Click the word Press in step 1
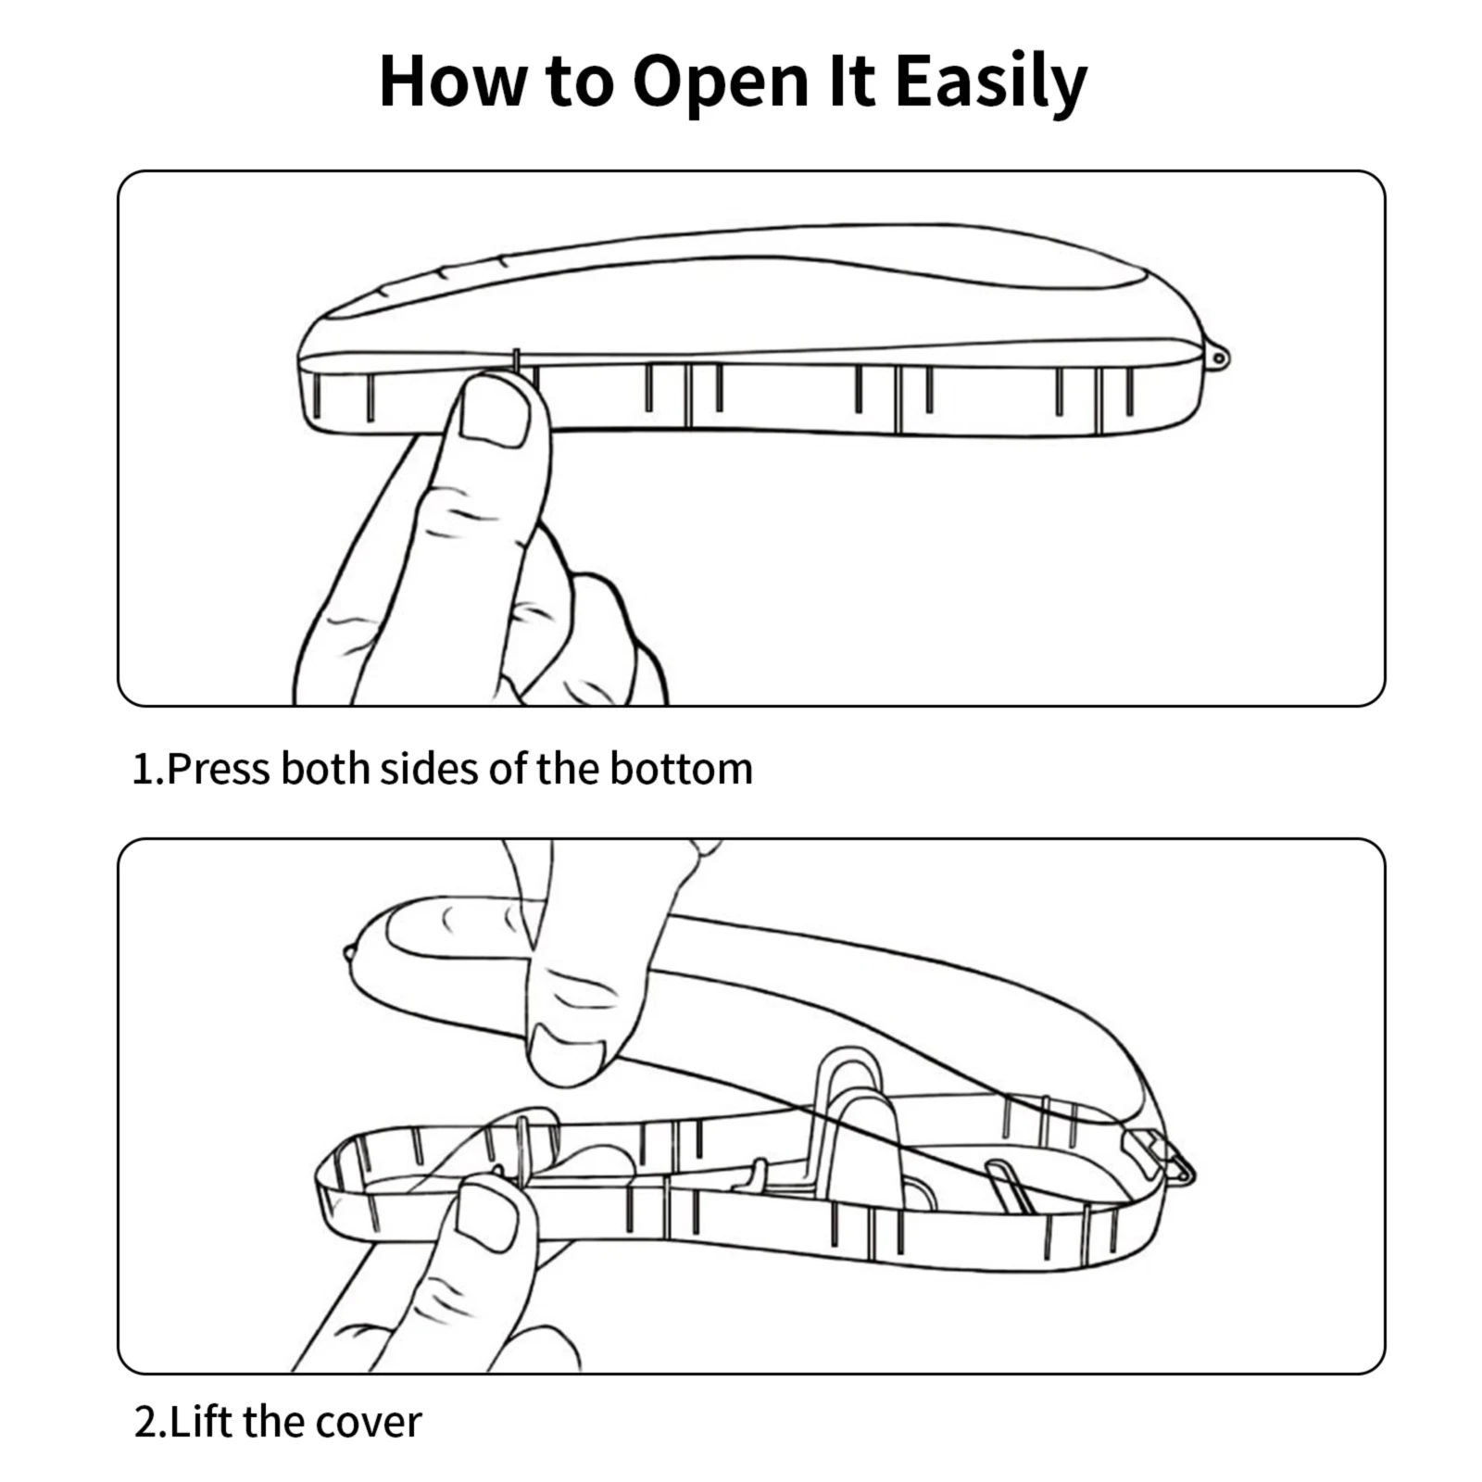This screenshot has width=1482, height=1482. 219,769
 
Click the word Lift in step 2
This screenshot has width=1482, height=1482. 201,1422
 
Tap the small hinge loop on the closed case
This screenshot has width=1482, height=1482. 1219,357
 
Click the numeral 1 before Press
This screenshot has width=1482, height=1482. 143,769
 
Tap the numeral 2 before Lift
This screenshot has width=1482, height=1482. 147,1422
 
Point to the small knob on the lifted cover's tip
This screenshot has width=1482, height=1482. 347,953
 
